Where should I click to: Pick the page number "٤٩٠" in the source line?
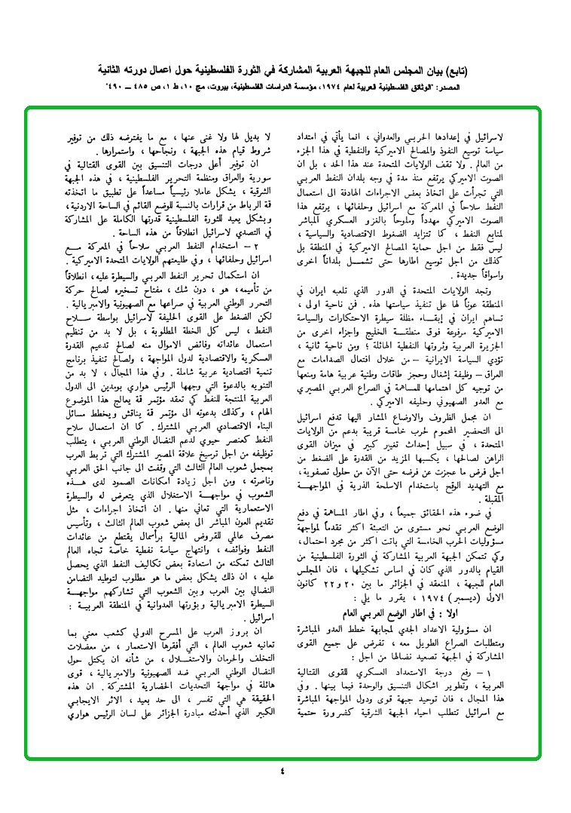coord(118,87)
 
